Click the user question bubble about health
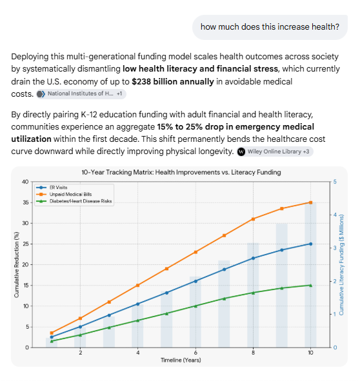270,27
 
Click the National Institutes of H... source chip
81,93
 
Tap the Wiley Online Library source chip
275,151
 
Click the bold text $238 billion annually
173,81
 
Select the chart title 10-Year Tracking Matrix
181,172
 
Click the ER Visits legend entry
52,188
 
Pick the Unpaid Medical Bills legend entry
64,195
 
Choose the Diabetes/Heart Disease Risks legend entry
74,201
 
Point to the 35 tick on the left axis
26,202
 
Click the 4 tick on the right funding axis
335,215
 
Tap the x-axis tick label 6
195,353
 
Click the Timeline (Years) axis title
181,360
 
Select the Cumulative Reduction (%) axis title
17,264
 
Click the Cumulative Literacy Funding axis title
341,265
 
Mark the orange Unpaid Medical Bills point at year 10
310,202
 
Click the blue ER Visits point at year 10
310,244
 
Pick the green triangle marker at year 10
310,285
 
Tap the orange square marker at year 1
52,333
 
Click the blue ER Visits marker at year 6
195,281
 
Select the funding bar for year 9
282,285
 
